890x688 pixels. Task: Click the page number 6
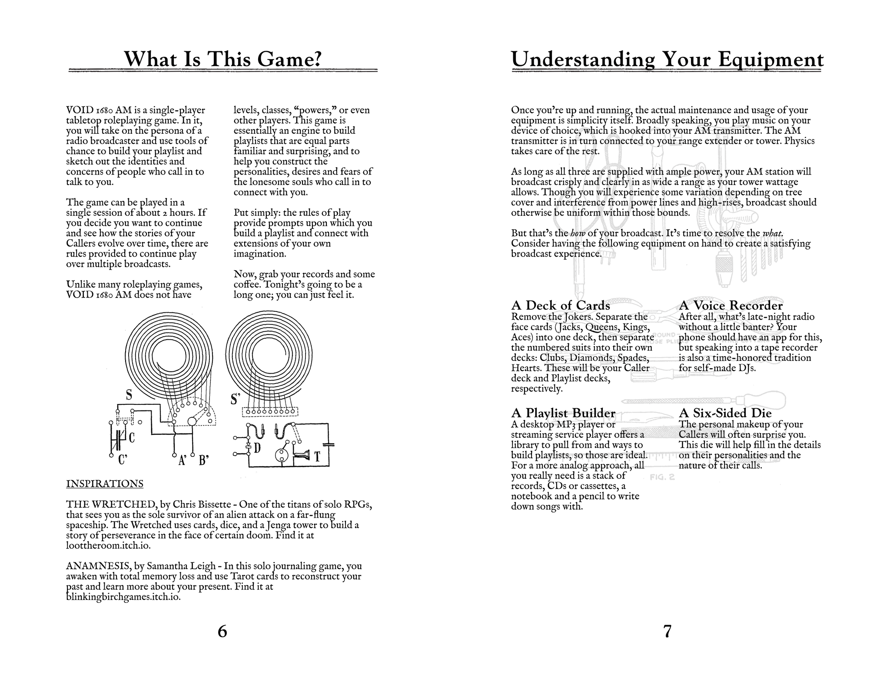coord(222,631)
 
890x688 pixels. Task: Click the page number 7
coord(667,631)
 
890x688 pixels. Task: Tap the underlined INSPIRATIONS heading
coord(104,484)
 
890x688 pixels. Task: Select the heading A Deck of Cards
coord(561,305)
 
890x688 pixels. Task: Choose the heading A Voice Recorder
coord(731,305)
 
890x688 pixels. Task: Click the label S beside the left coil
coord(129,395)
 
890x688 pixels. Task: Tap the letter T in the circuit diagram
coord(317,456)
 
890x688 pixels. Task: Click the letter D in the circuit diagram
coord(257,448)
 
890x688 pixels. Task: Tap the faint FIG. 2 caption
coord(662,477)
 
